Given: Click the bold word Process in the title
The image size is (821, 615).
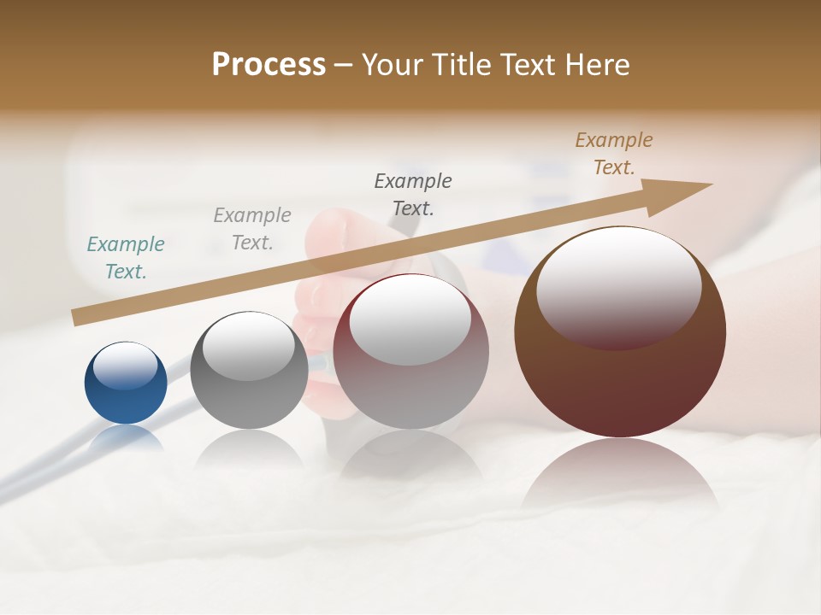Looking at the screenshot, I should point(269,64).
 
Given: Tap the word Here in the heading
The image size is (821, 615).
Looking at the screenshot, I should point(597,64).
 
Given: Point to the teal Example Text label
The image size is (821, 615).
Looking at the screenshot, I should point(126,258).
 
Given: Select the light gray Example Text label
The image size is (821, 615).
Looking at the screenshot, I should point(252,229).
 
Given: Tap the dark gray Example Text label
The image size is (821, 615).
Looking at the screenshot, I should point(413,194).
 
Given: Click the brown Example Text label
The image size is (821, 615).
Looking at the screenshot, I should point(614,154).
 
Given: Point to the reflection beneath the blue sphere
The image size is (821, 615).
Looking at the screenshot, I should point(126,440).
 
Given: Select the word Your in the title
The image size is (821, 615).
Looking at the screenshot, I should point(392,64).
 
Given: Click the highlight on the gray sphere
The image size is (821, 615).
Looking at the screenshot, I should point(249,346).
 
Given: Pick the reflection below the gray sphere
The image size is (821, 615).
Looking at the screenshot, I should point(248,453).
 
